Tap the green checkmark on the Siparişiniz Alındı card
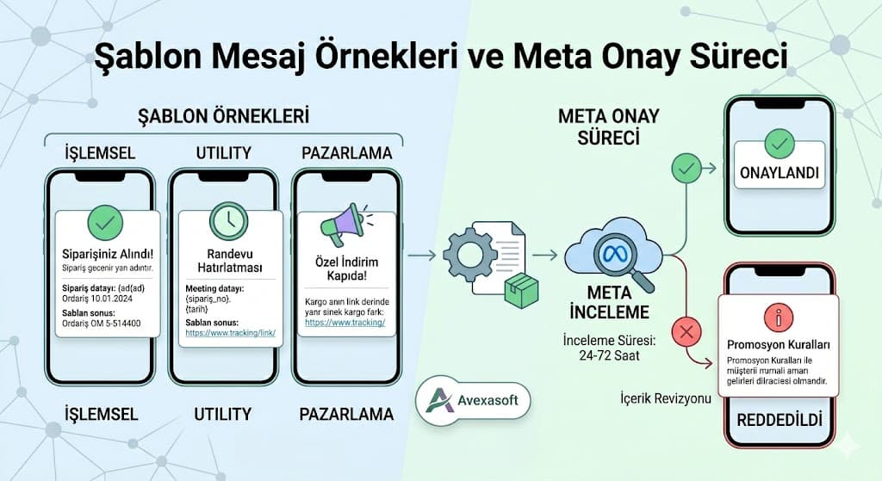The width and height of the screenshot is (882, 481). (x=105, y=225)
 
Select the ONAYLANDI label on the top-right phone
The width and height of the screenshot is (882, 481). (x=778, y=174)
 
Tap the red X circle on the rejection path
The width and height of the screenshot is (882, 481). (x=686, y=331)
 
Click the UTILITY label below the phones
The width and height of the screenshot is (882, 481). (x=222, y=414)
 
